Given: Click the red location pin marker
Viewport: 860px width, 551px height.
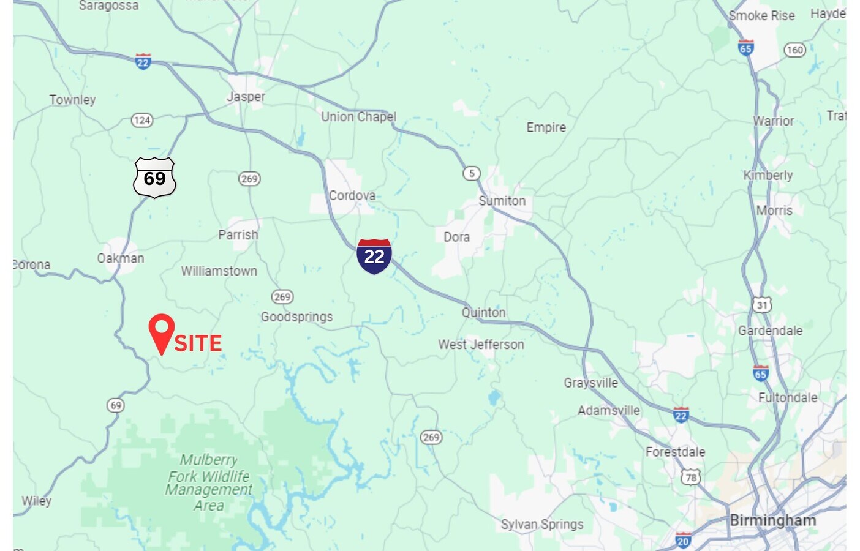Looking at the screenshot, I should [x=162, y=331].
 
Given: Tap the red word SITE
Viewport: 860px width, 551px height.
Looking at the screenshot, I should [x=198, y=343].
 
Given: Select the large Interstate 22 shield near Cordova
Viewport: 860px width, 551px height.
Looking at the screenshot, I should [x=374, y=256].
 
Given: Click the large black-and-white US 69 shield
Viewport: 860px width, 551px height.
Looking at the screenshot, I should [x=154, y=178].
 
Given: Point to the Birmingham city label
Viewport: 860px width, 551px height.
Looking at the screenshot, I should [x=772, y=520].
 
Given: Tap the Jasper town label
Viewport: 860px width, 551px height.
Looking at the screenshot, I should [x=246, y=97].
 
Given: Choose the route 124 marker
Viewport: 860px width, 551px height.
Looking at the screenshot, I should [x=142, y=120].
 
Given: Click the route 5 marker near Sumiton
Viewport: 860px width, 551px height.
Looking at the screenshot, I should [x=471, y=173].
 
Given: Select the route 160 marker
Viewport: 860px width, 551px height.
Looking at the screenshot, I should [x=794, y=50].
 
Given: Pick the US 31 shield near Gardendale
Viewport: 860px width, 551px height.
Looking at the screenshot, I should [x=761, y=305].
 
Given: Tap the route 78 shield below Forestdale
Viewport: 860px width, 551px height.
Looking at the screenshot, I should [x=691, y=477].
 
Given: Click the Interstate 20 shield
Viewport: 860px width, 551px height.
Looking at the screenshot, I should [x=683, y=541].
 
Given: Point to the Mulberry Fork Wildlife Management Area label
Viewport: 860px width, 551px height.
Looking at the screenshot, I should [x=209, y=482].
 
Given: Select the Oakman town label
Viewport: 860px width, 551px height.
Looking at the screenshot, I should [x=121, y=258].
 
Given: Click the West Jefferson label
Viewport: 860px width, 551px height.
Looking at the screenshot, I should [x=481, y=345].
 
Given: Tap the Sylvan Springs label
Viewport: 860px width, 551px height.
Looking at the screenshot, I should [x=542, y=525].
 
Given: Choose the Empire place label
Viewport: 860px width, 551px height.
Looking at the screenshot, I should [x=546, y=127].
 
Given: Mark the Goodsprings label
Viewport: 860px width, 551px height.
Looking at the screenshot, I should [x=297, y=317].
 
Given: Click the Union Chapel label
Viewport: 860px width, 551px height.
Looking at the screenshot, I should [x=359, y=117].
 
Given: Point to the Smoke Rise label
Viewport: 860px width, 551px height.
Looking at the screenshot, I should [x=761, y=16].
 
